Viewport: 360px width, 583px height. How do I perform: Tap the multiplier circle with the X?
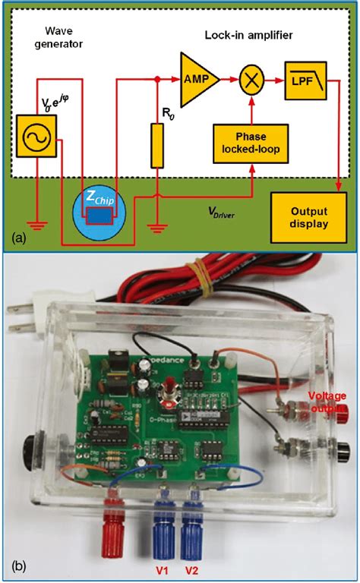(x=250, y=78)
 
